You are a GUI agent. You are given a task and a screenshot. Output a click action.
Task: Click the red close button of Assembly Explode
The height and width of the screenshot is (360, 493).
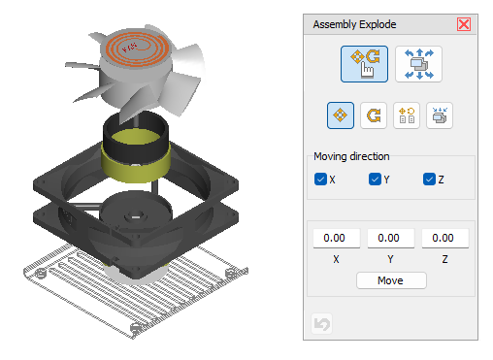(x=464, y=24)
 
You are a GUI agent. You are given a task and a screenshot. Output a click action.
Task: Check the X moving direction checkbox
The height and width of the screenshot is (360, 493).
(x=320, y=179)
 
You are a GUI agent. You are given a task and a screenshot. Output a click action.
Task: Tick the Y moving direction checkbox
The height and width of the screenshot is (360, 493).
(x=375, y=179)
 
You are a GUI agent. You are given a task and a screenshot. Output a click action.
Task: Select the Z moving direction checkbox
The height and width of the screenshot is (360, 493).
(x=429, y=179)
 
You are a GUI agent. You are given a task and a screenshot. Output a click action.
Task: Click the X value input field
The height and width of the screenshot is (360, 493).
(x=337, y=238)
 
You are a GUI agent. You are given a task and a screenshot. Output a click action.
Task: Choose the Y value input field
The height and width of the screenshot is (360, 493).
(x=391, y=238)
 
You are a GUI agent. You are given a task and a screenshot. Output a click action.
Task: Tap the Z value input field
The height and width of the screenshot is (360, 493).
(x=445, y=238)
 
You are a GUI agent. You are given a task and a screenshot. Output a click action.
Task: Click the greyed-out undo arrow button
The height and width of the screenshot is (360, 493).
(x=321, y=323)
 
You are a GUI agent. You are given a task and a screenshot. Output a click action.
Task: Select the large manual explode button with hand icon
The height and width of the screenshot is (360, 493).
(x=364, y=64)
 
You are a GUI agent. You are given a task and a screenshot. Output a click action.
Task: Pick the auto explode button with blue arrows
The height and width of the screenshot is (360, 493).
(x=418, y=64)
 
